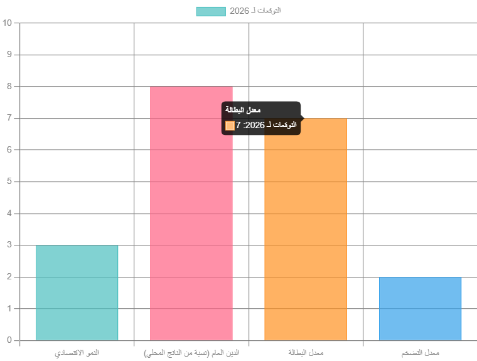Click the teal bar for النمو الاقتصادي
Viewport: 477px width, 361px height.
point(77,293)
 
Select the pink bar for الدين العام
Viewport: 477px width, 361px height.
point(191,213)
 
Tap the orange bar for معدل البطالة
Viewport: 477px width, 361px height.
point(306,239)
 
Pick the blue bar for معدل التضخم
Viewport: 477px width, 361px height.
point(420,309)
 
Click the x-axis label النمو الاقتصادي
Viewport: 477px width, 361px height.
point(77,353)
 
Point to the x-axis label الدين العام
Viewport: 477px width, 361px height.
point(191,353)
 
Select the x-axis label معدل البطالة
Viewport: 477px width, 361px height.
point(306,353)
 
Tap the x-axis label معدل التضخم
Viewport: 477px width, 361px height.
point(420,353)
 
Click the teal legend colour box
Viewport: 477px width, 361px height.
point(210,11)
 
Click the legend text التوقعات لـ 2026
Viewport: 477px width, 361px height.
point(255,11)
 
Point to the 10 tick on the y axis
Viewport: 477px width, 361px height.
point(8,23)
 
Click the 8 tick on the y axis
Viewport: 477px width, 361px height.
point(9,87)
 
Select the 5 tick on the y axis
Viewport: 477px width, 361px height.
point(9,182)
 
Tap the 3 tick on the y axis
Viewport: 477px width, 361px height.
point(9,245)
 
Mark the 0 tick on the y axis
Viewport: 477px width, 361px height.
point(9,340)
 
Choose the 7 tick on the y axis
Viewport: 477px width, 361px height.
point(9,119)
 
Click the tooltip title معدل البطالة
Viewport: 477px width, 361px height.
point(243,110)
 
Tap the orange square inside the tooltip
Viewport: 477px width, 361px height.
point(230,126)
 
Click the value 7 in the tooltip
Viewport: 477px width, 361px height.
point(238,126)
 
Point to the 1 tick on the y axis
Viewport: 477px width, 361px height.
point(9,309)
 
